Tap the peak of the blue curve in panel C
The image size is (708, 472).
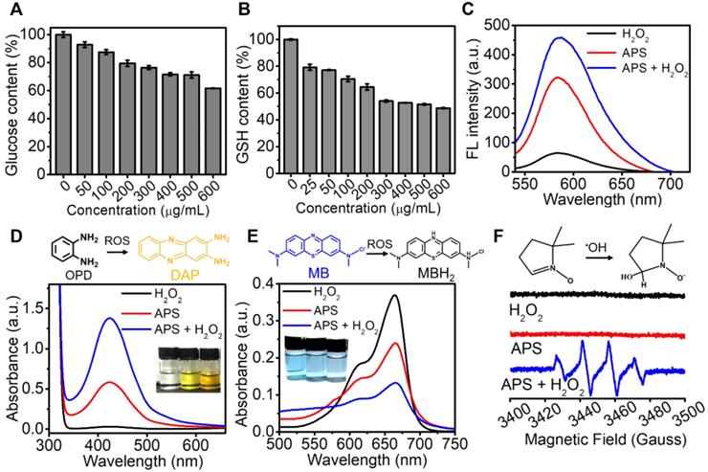561,38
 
